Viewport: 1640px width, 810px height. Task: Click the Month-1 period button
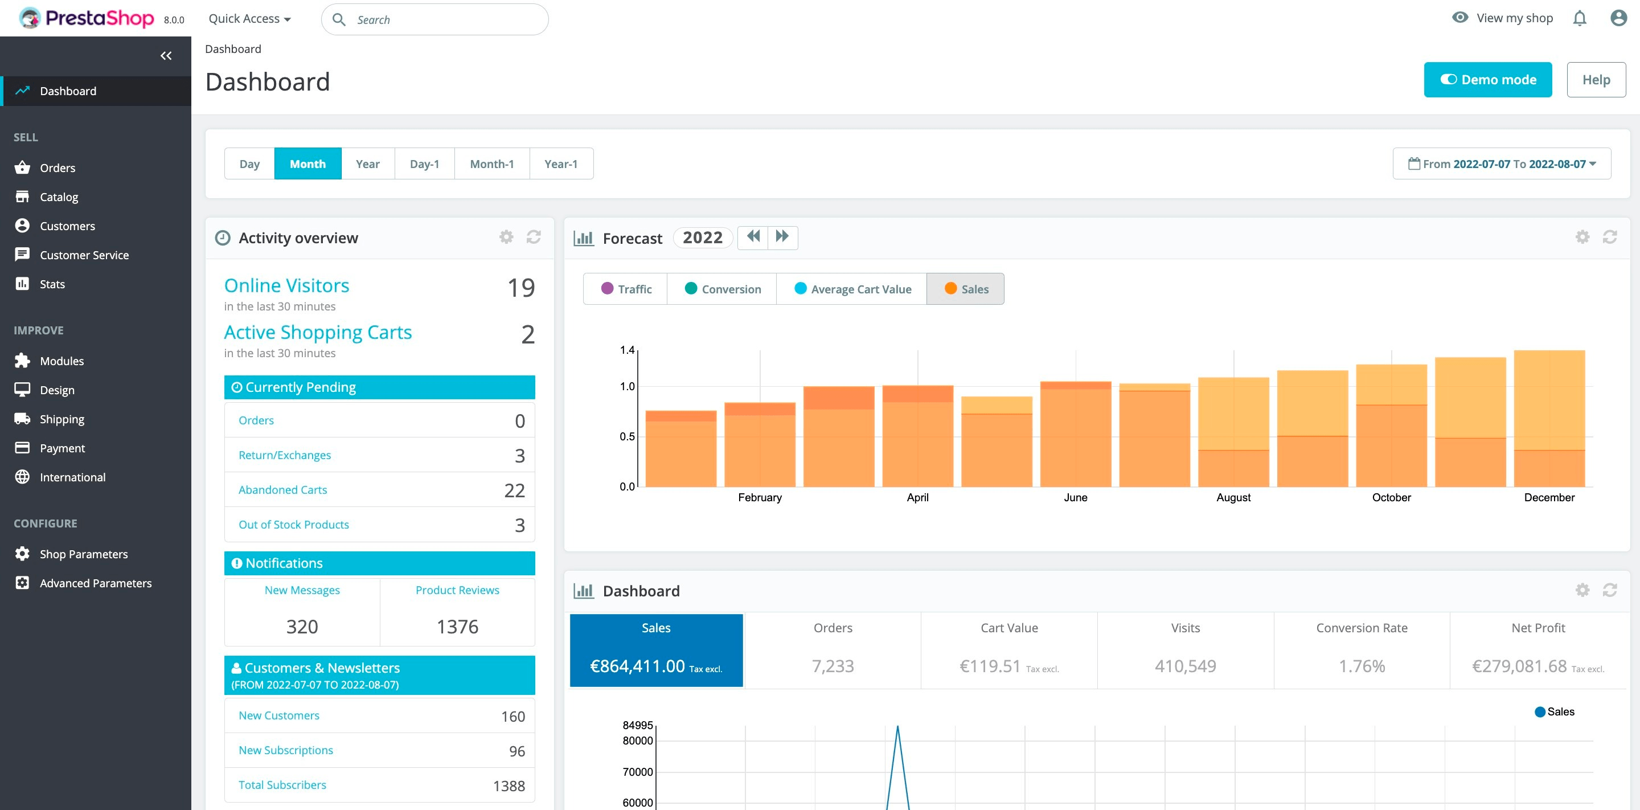click(491, 163)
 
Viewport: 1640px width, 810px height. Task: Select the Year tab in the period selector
click(367, 163)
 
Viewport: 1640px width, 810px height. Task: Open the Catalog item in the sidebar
click(59, 197)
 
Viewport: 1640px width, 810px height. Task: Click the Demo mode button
click(1487, 80)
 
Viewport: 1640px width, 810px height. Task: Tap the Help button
click(1596, 80)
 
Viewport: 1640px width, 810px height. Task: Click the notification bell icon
click(1580, 18)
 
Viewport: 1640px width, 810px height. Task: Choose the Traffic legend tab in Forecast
click(626, 289)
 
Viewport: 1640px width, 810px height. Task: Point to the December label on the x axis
click(1548, 497)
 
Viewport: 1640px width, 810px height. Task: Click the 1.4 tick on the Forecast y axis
click(626, 350)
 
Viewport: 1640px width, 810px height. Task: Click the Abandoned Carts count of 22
click(514, 490)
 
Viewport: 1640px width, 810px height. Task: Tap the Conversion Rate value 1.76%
click(1361, 666)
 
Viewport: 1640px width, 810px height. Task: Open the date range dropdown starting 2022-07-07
click(1501, 163)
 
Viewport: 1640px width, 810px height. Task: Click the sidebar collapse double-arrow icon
click(166, 56)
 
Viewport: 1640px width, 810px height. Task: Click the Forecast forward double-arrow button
click(782, 237)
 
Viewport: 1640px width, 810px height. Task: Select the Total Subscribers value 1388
click(509, 786)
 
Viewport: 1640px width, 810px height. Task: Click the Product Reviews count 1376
click(457, 627)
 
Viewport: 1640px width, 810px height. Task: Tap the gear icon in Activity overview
click(506, 237)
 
